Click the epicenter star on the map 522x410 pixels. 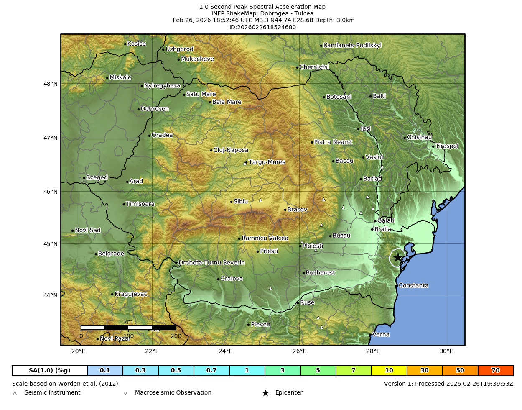click(x=397, y=257)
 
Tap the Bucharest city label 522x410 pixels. click(x=320, y=273)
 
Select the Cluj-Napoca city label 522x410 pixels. click(x=231, y=150)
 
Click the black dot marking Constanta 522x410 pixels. click(x=397, y=286)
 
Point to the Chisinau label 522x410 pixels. click(x=419, y=137)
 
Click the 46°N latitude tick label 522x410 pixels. click(x=51, y=192)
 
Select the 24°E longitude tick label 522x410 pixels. click(x=226, y=351)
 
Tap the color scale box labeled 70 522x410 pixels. click(x=496, y=371)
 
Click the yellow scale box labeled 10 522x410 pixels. click(x=389, y=371)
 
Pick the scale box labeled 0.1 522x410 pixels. click(x=105, y=371)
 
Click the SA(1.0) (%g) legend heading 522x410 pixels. click(x=50, y=371)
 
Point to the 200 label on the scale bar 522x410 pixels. click(x=176, y=336)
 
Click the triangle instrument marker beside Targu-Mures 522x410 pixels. click(x=245, y=164)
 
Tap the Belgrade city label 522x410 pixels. click(x=111, y=254)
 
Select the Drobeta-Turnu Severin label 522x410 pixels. click(x=211, y=263)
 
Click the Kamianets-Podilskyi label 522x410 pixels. click(x=352, y=45)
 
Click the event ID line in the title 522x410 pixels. click(x=262, y=28)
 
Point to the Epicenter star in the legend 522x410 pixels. click(x=265, y=393)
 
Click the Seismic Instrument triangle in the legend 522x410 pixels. click(x=15, y=393)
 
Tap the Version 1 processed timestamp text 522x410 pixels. click(x=448, y=384)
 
